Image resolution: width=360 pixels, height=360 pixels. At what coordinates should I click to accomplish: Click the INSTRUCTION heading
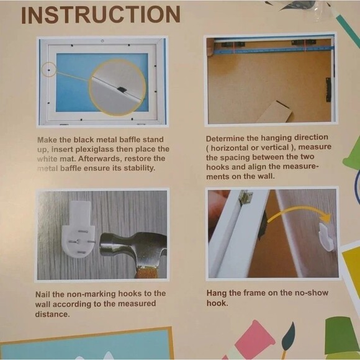click(x=101, y=15)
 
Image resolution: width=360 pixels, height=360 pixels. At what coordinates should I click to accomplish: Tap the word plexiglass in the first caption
click(x=94, y=149)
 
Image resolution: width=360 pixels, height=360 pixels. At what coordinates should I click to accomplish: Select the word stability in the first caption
click(x=140, y=168)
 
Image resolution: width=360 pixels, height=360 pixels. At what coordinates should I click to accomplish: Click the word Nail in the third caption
click(x=42, y=294)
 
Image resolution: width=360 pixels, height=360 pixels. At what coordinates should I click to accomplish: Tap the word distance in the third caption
click(x=52, y=314)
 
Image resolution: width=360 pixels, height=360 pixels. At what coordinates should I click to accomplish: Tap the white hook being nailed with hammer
click(x=79, y=230)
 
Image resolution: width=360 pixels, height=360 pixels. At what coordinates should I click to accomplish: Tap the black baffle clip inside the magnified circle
click(x=122, y=89)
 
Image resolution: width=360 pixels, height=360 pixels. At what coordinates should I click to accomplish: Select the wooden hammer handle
click(x=147, y=272)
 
